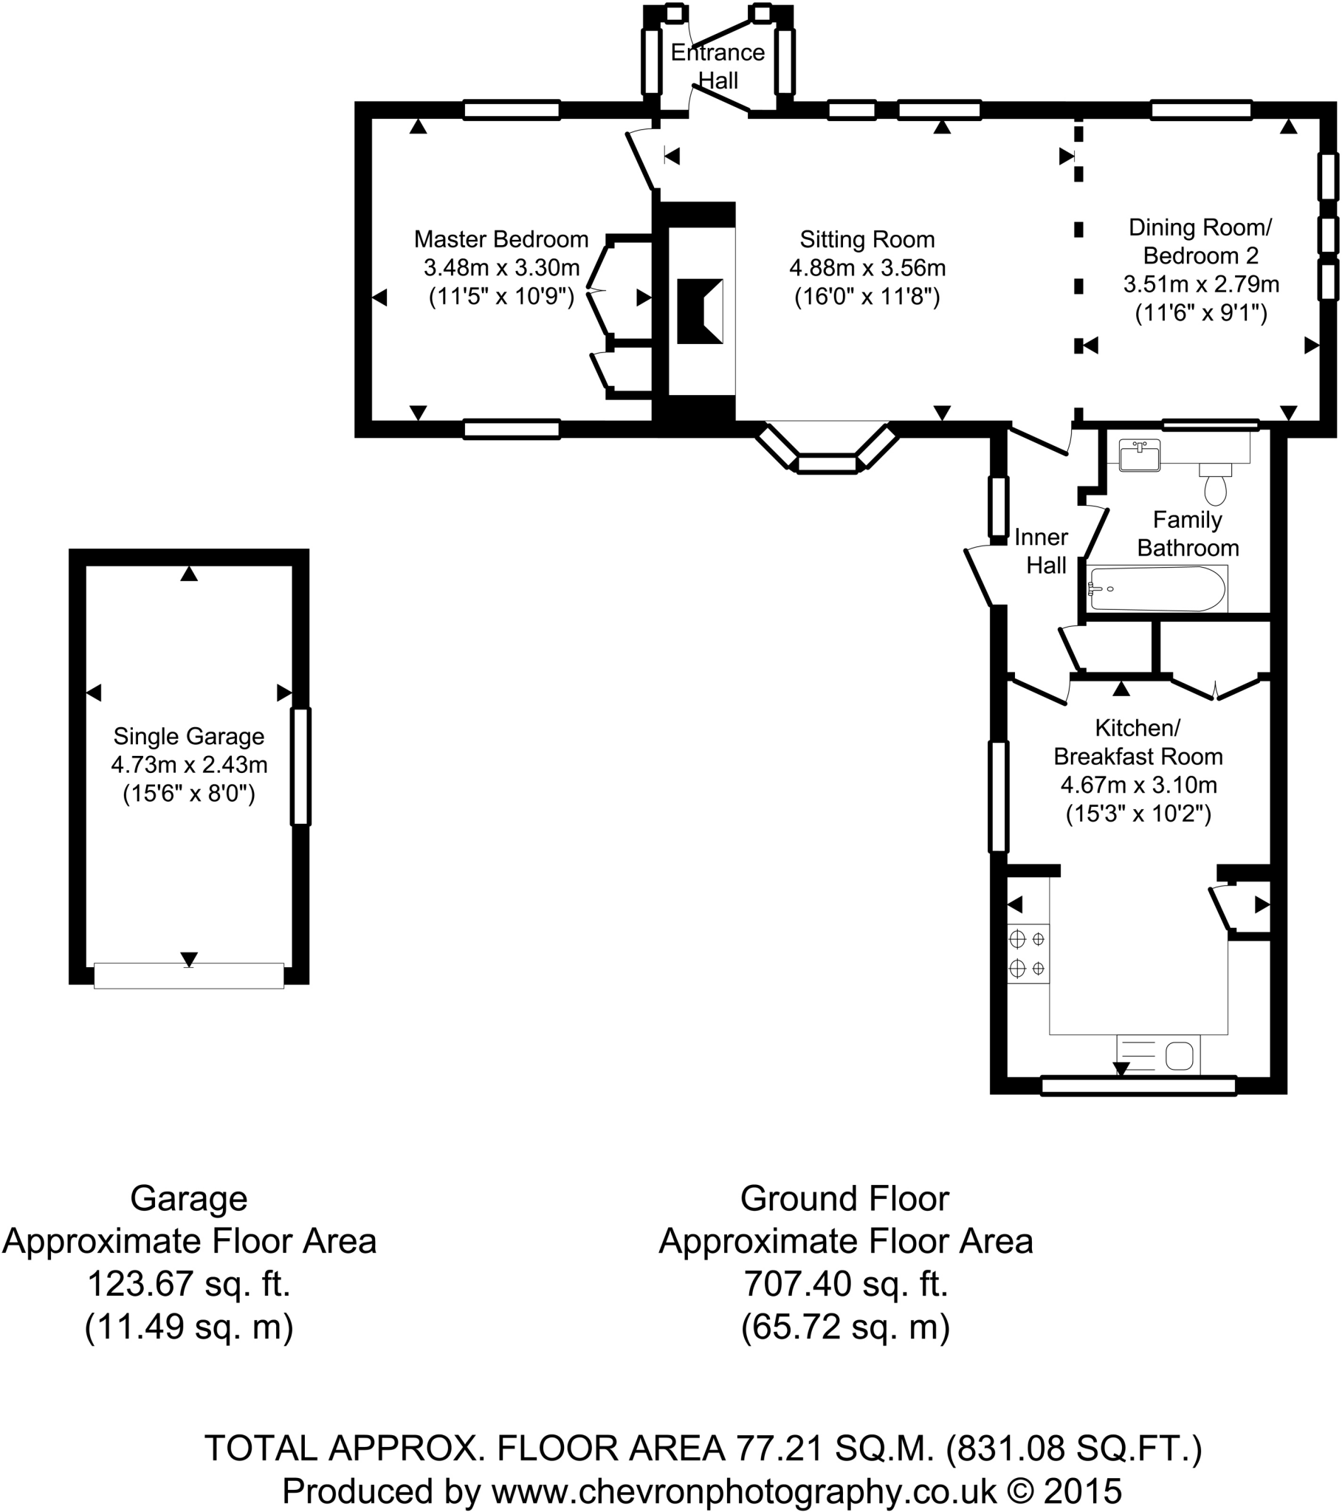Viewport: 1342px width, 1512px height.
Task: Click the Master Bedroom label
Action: click(500, 239)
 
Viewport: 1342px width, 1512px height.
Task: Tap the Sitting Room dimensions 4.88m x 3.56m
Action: click(867, 268)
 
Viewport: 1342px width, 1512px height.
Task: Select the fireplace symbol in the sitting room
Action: click(700, 311)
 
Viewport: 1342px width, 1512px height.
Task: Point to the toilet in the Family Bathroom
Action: click(1215, 485)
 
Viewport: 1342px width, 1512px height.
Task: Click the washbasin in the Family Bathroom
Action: click(1139, 455)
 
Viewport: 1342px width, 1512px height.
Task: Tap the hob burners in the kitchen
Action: click(1028, 954)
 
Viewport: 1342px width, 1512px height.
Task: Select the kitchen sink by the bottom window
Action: click(1158, 1055)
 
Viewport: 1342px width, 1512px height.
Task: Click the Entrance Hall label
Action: click(718, 66)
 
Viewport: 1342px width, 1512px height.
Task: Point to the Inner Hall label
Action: click(1042, 551)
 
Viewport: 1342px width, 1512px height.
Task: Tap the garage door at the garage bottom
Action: click(189, 976)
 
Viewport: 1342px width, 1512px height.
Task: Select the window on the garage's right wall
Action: click(300, 766)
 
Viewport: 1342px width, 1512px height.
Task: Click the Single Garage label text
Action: click(189, 737)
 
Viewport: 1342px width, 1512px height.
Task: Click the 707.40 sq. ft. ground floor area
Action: click(846, 1284)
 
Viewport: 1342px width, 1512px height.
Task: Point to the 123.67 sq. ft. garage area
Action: click(189, 1284)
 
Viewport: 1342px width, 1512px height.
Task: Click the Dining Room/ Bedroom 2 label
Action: click(1200, 241)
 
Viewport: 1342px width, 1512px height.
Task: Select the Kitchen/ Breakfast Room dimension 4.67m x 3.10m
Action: click(1138, 785)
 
